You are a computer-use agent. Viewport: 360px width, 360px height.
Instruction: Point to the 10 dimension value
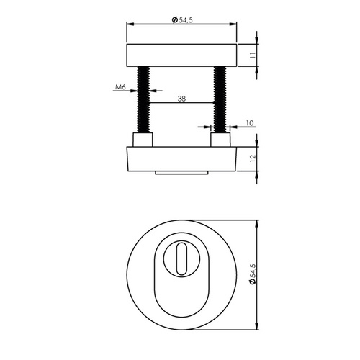(x=249, y=124)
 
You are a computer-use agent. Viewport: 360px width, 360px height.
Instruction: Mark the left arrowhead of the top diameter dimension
(x=130, y=24)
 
